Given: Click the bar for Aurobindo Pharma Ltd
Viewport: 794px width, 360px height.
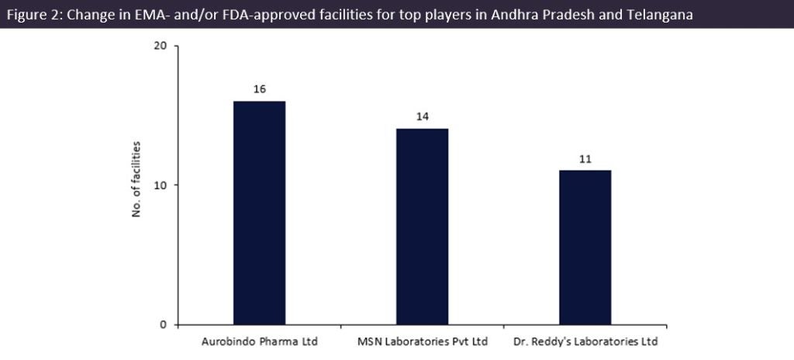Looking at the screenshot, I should click(259, 213).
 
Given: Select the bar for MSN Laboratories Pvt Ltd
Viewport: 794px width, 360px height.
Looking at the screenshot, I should click(422, 227).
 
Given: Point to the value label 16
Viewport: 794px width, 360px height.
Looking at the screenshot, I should click(259, 89).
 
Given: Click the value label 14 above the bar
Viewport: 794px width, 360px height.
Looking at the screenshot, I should click(422, 116).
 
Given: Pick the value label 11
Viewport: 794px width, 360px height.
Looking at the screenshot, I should click(585, 158).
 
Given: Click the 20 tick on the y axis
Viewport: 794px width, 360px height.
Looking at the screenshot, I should click(161, 46).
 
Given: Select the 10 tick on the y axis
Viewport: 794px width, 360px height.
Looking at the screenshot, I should click(161, 185).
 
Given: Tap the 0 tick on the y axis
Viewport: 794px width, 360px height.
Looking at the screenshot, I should click(164, 324).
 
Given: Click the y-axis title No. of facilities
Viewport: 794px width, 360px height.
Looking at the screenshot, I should click(136, 180).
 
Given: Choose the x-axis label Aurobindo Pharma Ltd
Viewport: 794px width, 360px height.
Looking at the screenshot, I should click(260, 342).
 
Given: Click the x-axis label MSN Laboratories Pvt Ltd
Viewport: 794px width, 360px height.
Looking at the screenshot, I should click(422, 342).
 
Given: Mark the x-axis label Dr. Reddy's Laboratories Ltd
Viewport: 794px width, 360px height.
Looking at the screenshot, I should click(585, 342).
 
